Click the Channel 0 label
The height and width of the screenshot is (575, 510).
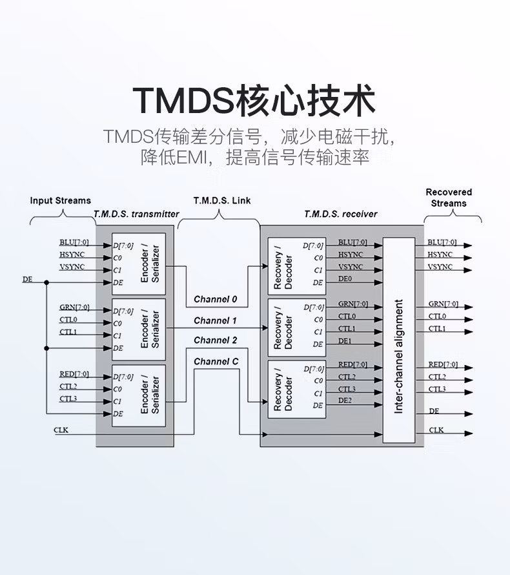(216, 299)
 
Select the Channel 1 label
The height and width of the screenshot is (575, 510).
(216, 320)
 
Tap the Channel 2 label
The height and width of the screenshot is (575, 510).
(216, 340)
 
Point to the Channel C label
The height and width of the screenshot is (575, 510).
(216, 361)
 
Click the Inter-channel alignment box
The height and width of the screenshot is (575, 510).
(398, 339)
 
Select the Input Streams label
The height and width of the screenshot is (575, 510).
(60, 200)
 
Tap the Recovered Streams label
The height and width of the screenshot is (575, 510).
(449, 197)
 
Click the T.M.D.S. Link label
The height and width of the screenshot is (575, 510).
(222, 200)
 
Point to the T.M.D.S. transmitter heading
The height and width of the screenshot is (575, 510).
(136, 214)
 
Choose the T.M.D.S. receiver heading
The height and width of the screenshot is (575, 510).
(341, 214)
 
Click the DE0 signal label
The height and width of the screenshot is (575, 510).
(345, 279)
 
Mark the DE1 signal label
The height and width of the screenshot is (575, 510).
(345, 340)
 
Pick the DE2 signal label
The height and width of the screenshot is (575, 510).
(345, 401)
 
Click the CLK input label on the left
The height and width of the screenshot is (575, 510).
(62, 429)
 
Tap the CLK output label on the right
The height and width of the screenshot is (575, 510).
(436, 430)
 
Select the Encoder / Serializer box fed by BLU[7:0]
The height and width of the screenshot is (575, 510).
(139, 262)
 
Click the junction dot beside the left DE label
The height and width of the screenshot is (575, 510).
(46, 282)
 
